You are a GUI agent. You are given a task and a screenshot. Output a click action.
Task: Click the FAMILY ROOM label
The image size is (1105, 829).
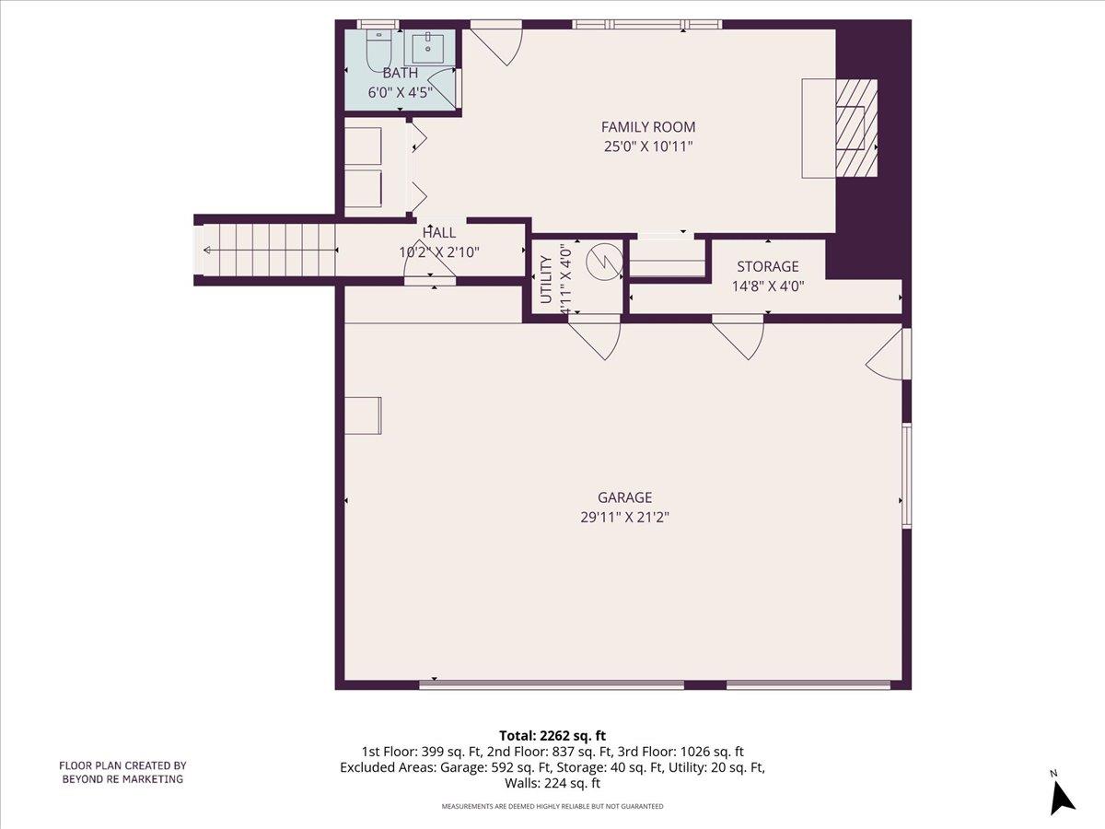pyautogui.click(x=648, y=127)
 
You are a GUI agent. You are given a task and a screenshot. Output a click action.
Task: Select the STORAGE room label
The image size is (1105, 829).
pyautogui.click(x=767, y=267)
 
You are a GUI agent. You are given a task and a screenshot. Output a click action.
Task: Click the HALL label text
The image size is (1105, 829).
pyautogui.click(x=439, y=233)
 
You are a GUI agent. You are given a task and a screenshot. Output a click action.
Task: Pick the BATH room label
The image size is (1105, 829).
pyautogui.click(x=400, y=73)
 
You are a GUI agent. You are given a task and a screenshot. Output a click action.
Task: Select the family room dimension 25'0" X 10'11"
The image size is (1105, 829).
pyautogui.click(x=648, y=146)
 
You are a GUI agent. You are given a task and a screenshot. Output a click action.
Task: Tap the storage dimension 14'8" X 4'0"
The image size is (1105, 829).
pyautogui.click(x=767, y=286)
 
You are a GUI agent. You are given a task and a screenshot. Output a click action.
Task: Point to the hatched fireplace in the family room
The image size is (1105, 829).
pyautogui.click(x=855, y=128)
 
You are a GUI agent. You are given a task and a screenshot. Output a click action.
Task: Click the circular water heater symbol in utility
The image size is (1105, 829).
pyautogui.click(x=605, y=261)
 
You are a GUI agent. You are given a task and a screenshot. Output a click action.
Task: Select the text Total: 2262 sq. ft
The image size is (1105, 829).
pyautogui.click(x=552, y=735)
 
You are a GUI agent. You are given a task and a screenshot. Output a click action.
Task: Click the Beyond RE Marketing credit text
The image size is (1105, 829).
pyautogui.click(x=122, y=772)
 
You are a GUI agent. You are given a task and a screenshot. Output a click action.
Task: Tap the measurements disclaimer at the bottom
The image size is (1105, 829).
pyautogui.click(x=552, y=807)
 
